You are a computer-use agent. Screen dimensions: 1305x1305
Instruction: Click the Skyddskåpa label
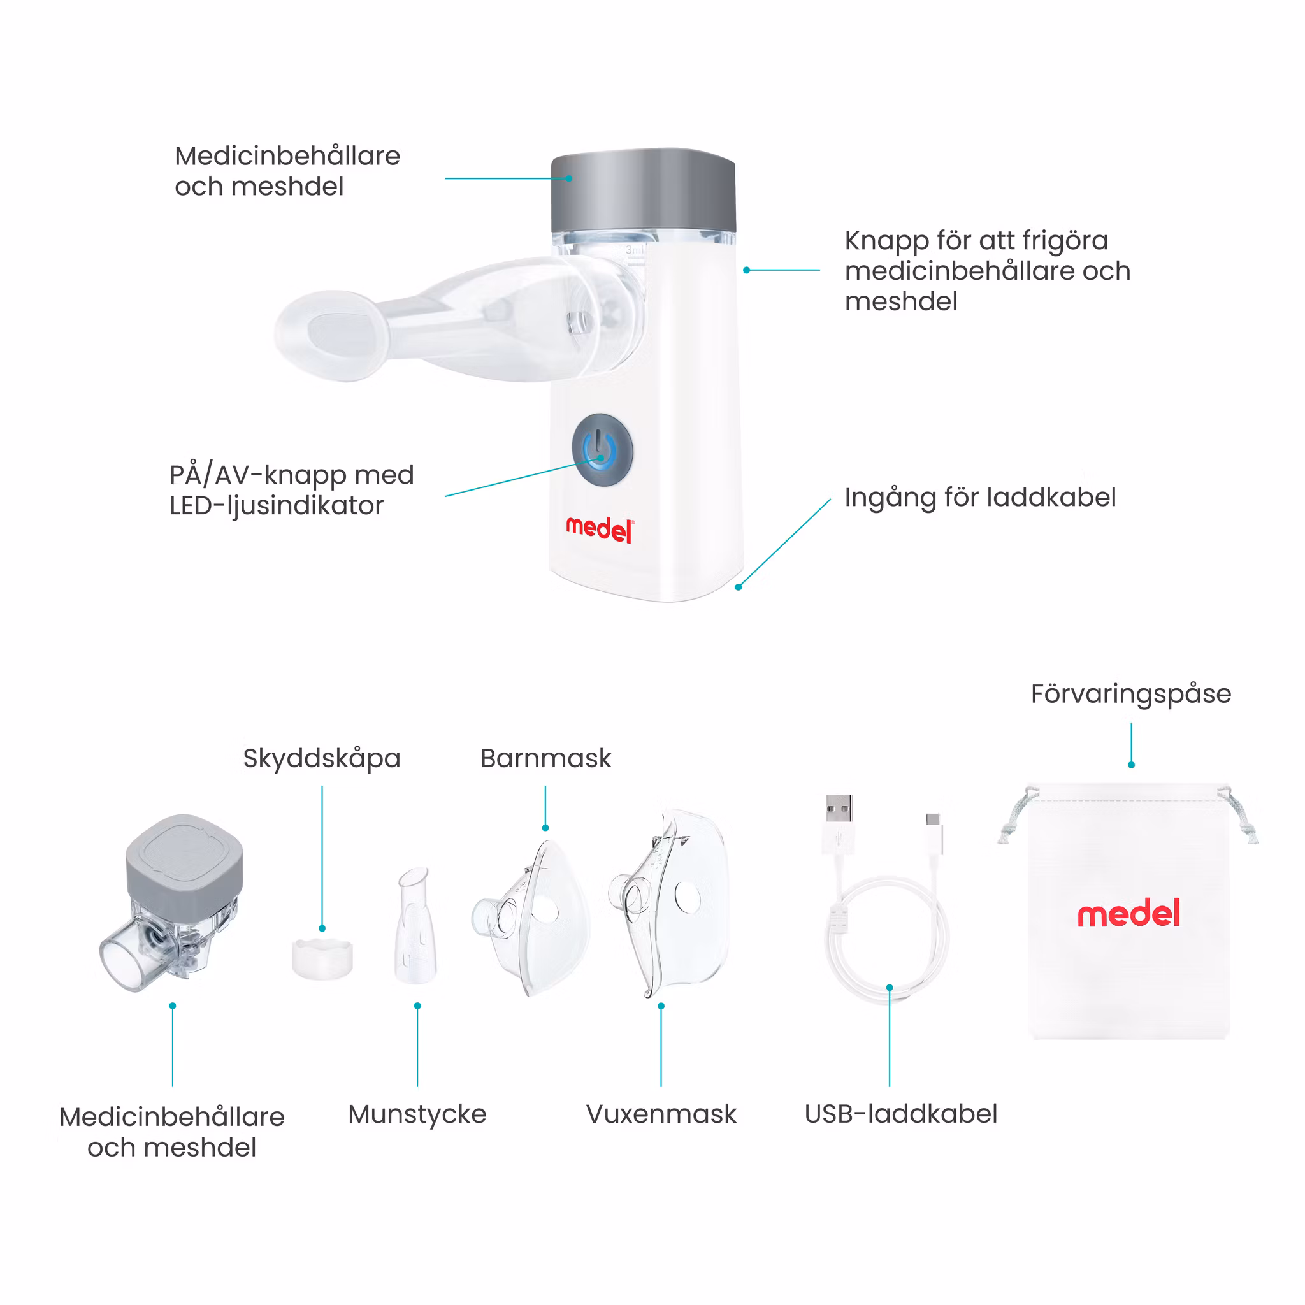(x=322, y=758)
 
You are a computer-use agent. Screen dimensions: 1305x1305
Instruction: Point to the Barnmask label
(x=546, y=758)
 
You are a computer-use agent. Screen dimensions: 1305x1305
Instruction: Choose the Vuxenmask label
(x=661, y=1114)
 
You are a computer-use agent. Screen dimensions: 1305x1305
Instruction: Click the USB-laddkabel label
(x=900, y=1114)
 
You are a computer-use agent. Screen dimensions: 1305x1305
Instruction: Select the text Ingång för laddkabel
(x=980, y=498)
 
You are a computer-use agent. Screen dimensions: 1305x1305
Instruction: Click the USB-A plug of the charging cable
(x=839, y=824)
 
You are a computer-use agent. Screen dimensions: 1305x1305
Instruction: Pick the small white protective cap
(x=322, y=957)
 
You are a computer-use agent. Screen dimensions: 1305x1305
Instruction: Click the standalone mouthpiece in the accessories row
(x=415, y=926)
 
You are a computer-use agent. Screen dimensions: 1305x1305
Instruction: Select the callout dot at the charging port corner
(x=739, y=587)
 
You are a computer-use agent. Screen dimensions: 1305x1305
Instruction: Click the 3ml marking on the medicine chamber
(x=635, y=250)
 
